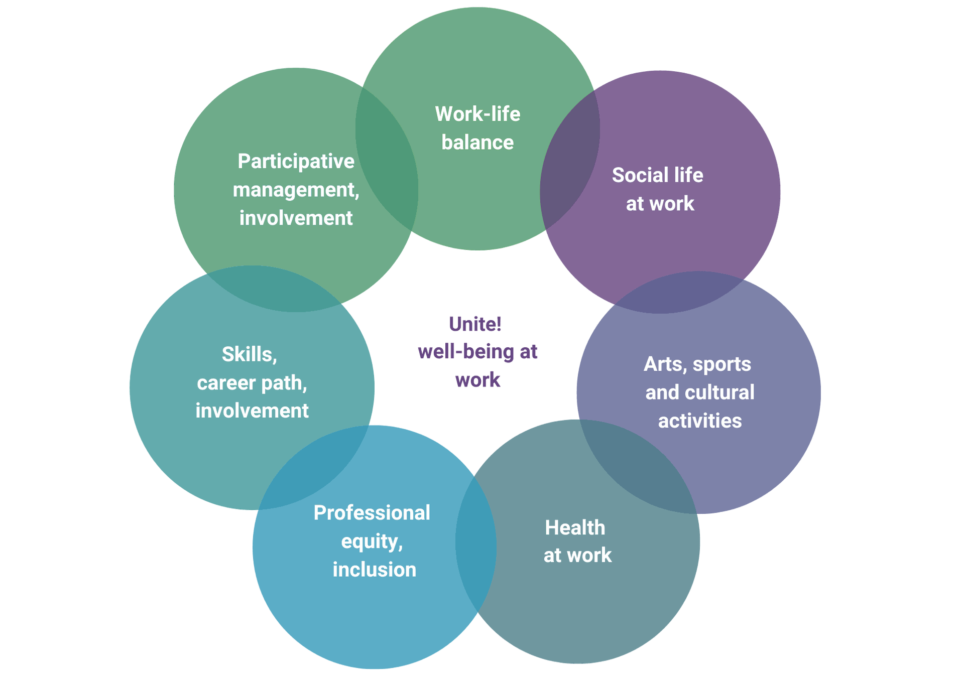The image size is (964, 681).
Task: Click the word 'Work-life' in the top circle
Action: point(477,114)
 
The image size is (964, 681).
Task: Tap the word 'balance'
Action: point(477,143)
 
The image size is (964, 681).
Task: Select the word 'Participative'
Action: point(296,162)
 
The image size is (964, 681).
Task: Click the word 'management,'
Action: point(296,190)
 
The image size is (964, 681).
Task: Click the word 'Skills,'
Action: point(250,355)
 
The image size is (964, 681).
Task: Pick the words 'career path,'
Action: point(252,383)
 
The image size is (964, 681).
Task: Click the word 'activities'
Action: point(700,421)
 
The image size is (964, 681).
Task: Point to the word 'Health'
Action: point(575,527)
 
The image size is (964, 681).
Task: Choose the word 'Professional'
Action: point(372,513)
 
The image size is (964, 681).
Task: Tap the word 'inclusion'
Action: point(374,570)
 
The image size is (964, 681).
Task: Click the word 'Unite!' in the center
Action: point(475,324)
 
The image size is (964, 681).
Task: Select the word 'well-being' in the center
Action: point(465,352)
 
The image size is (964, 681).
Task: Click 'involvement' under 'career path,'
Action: point(252,411)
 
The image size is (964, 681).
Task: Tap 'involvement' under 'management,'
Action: point(296,218)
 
